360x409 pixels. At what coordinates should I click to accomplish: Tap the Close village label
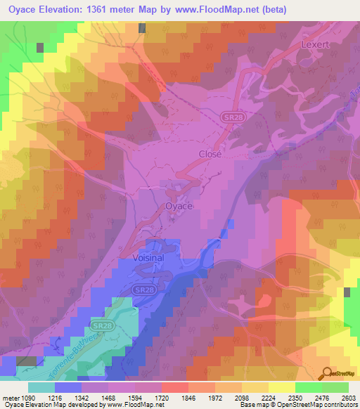(210, 154)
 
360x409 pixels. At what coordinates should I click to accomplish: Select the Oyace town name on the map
(178, 206)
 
